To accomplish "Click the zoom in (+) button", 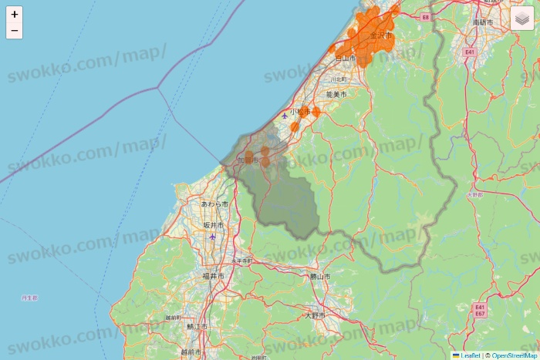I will click(x=15, y=14).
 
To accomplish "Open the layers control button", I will click(x=521, y=18).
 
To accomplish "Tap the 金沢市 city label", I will click(x=380, y=35).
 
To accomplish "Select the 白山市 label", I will click(x=345, y=58).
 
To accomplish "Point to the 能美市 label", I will click(x=336, y=94).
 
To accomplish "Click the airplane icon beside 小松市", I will click(x=285, y=116).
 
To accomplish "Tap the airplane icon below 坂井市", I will click(x=213, y=237).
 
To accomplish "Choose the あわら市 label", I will click(x=214, y=204).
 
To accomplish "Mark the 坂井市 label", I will click(x=214, y=225).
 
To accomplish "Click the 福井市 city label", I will click(x=213, y=275).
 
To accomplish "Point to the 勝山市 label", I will click(x=319, y=276).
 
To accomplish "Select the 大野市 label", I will click(x=316, y=315).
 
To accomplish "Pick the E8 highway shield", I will click(x=425, y=16).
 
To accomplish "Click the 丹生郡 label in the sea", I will click(x=29, y=297).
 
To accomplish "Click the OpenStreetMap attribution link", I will click(x=515, y=355).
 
